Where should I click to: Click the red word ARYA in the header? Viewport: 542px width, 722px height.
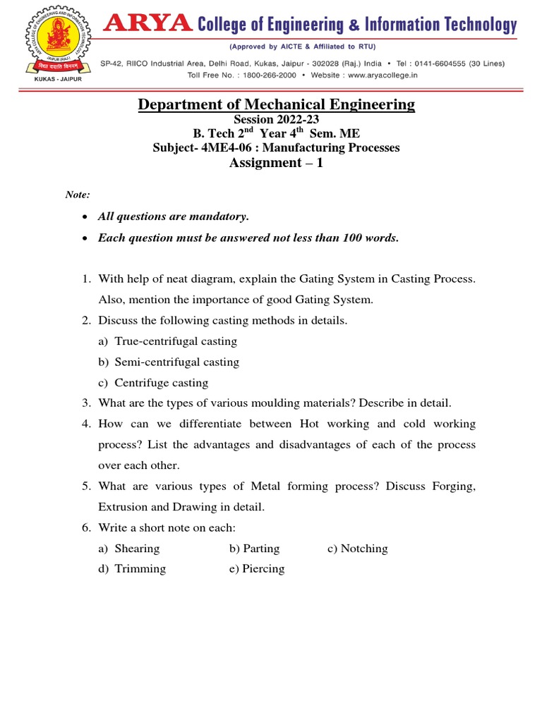click(x=147, y=25)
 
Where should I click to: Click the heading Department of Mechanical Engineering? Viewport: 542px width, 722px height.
click(x=276, y=104)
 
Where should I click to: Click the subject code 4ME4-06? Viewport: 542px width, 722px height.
click(x=212, y=147)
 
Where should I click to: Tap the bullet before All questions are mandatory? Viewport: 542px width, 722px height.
click(x=85, y=216)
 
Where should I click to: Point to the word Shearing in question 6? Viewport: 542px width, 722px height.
click(x=137, y=548)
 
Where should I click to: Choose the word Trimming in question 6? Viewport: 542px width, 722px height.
click(x=140, y=568)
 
